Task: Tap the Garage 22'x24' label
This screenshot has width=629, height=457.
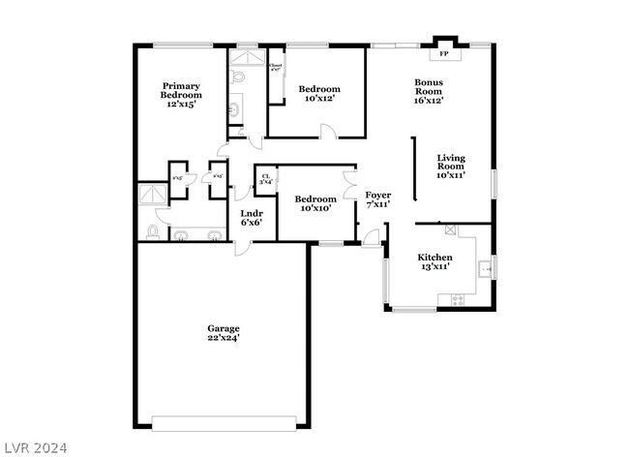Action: [x=223, y=333]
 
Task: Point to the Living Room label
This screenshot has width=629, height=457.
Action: [x=451, y=167]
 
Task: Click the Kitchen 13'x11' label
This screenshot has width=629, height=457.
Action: [x=434, y=261]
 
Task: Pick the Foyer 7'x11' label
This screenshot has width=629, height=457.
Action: [x=377, y=199]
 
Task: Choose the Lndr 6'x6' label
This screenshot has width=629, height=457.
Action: [x=252, y=217]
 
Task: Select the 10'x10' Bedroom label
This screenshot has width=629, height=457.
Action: [x=316, y=203]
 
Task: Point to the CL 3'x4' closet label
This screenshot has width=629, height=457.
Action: [x=265, y=178]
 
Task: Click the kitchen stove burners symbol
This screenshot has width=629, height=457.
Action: [x=458, y=300]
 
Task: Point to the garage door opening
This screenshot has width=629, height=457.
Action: [x=230, y=422]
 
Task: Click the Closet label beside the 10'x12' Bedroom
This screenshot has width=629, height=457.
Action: [x=276, y=68]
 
